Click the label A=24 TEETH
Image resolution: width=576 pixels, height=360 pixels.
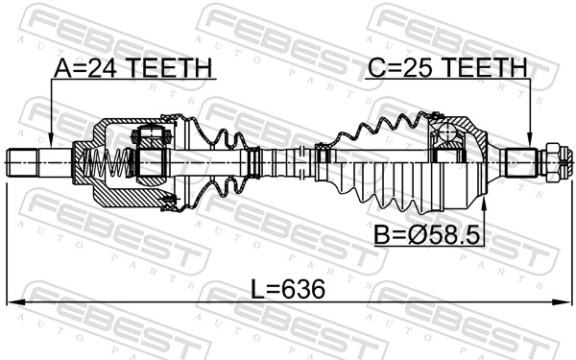coord(133,68)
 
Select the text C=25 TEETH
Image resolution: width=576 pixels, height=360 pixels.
coord(447,68)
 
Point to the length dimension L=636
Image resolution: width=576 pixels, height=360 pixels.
coord(287,290)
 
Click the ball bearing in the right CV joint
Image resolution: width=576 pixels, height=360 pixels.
coord(446,132)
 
